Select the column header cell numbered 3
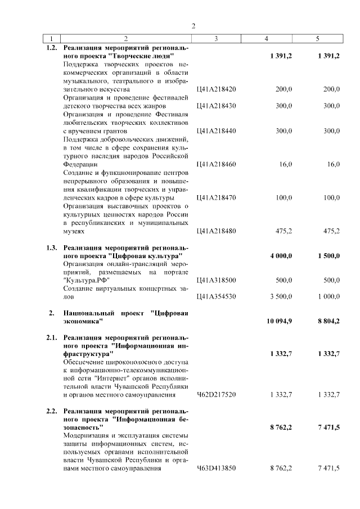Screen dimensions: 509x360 coord(216,39)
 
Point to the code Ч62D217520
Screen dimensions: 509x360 coord(217,395)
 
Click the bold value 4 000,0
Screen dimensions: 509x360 coord(281,255)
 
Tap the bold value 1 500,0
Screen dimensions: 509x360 coord(328,255)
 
